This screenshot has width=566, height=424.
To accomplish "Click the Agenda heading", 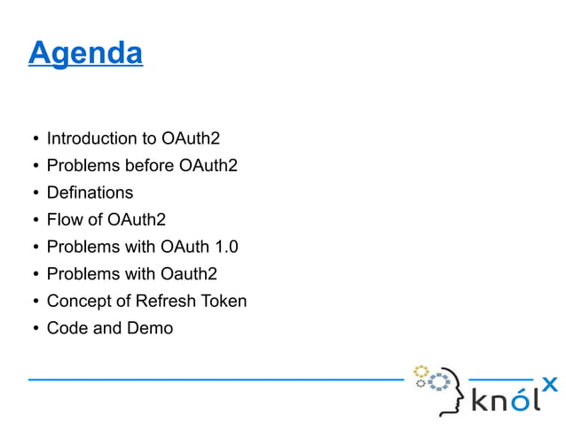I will pyautogui.click(x=85, y=53).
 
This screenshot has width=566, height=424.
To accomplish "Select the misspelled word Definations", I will pyautogui.click(x=90, y=192).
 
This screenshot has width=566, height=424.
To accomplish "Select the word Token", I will pyautogui.click(x=224, y=301).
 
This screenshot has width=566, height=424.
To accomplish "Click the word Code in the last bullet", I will pyautogui.click(x=66, y=328).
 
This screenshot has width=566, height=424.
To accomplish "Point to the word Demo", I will pyautogui.click(x=151, y=328).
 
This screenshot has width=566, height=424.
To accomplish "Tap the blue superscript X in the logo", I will pyautogui.click(x=549, y=383).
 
